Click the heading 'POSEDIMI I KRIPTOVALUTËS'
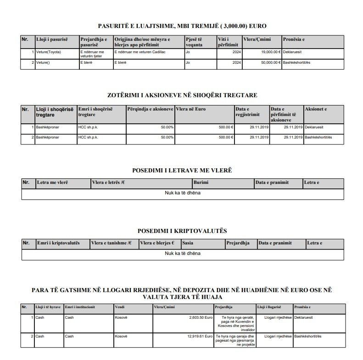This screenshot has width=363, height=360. (x=182, y=231)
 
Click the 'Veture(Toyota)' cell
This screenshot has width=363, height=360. (x=48, y=52)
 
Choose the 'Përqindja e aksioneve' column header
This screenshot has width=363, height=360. (x=150, y=110)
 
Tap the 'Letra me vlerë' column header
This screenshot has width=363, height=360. (x=53, y=183)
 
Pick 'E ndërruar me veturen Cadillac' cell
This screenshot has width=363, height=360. (x=140, y=52)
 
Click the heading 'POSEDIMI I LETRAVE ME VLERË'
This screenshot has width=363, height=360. (x=182, y=171)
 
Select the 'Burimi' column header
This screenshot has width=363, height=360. (x=202, y=183)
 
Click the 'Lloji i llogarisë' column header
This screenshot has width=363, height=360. (x=269, y=307)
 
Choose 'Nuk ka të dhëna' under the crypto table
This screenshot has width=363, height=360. (x=182, y=253)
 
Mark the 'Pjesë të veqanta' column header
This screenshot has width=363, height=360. (x=195, y=41)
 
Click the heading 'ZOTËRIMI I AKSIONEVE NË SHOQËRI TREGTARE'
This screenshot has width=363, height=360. (x=182, y=95)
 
